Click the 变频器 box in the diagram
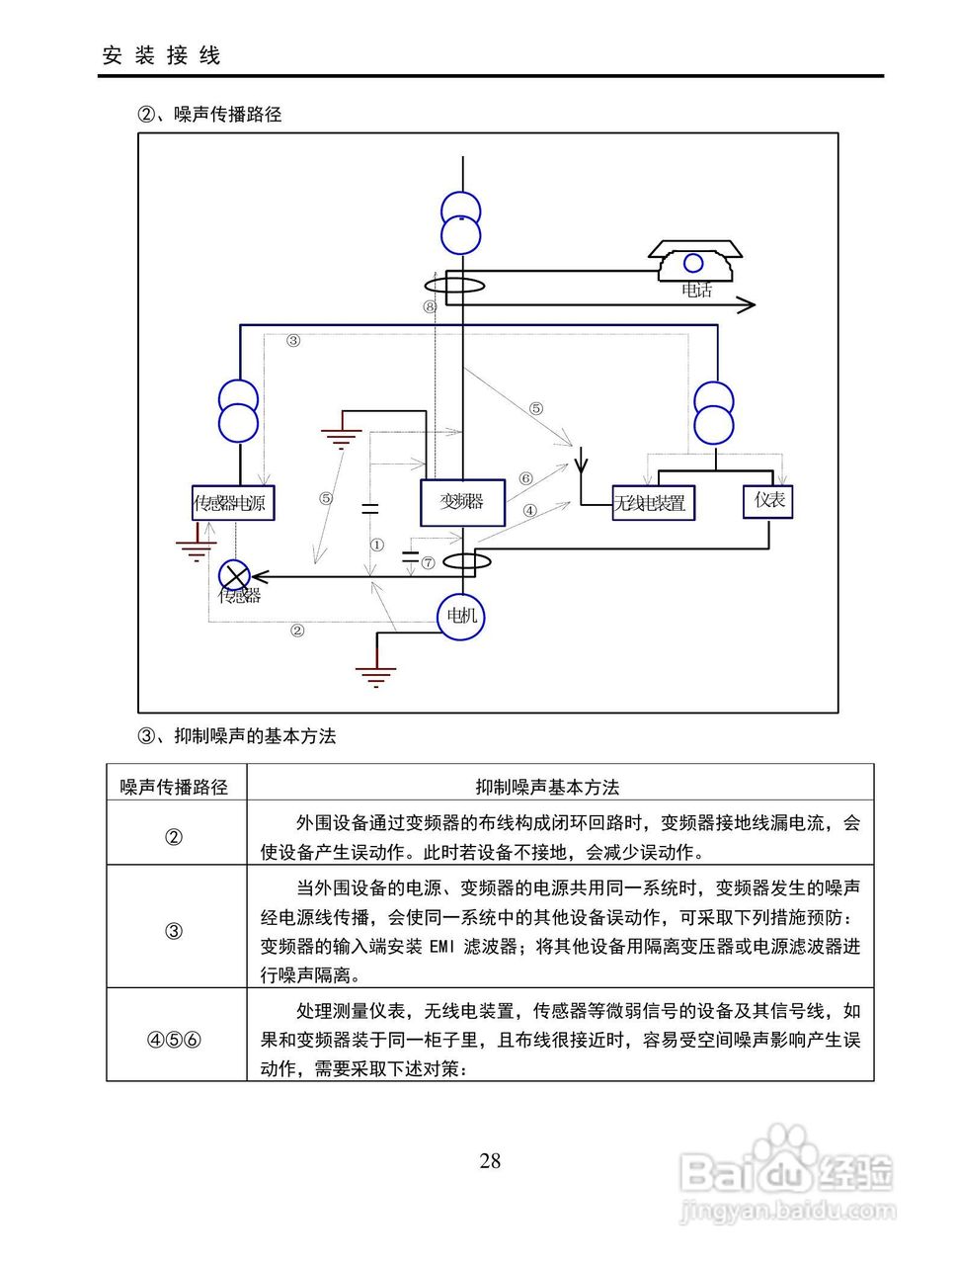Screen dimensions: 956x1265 click(x=462, y=502)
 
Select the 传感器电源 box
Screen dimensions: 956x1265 click(x=233, y=503)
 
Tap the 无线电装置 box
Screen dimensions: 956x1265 click(x=653, y=503)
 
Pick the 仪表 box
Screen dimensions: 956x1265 click(x=767, y=501)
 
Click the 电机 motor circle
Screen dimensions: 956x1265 click(x=461, y=617)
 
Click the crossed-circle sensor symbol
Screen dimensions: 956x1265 click(x=234, y=576)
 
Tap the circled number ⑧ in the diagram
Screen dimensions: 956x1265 click(x=430, y=306)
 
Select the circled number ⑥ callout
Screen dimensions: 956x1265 click(x=525, y=478)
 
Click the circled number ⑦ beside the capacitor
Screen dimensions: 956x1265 click(x=428, y=562)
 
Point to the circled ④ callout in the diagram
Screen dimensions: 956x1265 click(x=529, y=510)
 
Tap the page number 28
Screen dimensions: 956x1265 click(x=490, y=1160)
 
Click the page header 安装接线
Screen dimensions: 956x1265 click(x=162, y=56)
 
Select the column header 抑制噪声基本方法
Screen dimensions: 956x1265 click(x=547, y=787)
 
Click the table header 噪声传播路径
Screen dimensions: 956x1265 click(x=174, y=787)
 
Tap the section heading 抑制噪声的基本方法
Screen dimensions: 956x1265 click(x=255, y=736)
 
